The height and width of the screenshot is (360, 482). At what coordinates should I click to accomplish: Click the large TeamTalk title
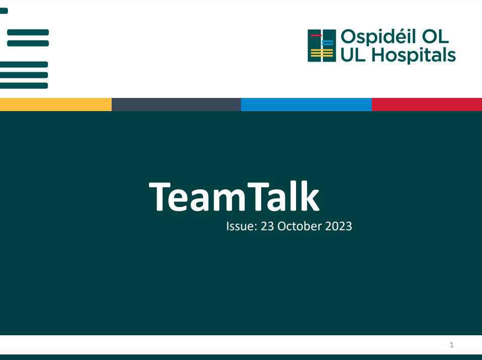234,197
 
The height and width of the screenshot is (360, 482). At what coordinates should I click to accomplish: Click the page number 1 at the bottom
452,345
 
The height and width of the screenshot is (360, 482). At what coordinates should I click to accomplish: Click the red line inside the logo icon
316,36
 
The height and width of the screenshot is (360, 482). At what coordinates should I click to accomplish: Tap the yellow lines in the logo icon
321,54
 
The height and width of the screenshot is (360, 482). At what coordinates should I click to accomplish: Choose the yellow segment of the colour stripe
56,105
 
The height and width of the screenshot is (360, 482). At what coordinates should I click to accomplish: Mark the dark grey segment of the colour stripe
176,105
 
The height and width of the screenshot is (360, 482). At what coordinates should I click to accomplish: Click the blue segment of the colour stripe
306,105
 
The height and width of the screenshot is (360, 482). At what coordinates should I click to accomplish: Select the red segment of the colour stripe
427,105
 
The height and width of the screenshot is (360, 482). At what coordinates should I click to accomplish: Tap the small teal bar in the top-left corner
4,11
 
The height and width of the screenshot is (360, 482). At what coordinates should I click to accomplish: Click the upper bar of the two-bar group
28,32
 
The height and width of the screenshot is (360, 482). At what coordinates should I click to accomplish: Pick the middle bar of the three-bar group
24,75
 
